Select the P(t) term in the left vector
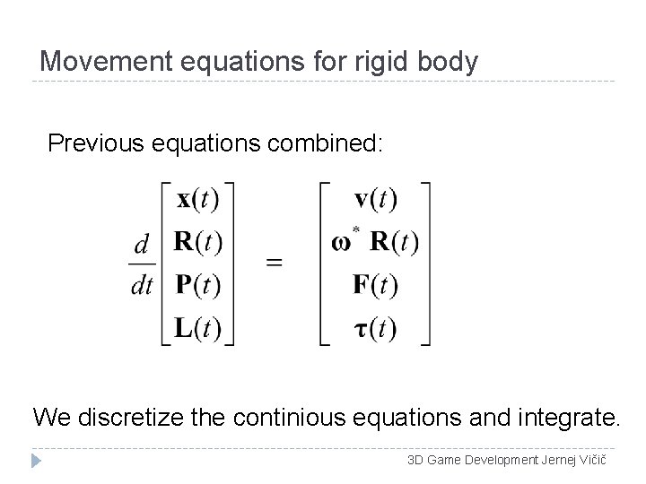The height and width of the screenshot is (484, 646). coord(198,285)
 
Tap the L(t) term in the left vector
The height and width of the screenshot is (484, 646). coord(198,328)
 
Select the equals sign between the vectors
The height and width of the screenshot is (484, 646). coord(274,263)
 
